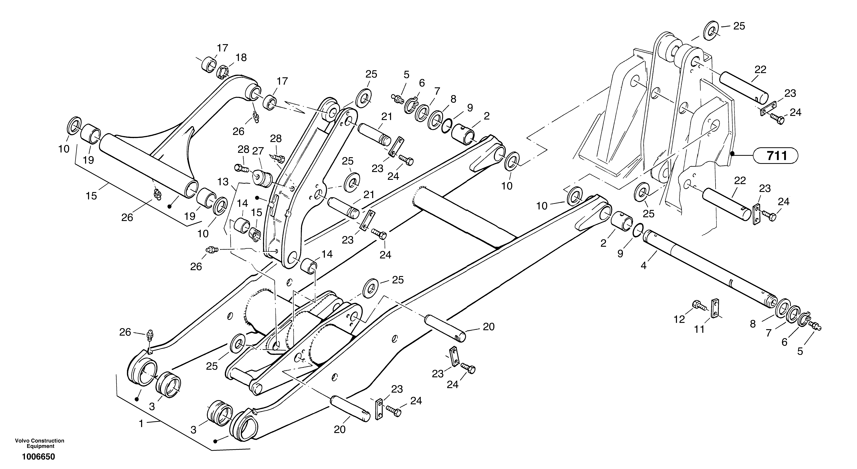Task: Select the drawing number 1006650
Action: [x=39, y=457]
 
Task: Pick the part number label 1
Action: [x=141, y=424]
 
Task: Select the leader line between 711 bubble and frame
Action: [x=744, y=155]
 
